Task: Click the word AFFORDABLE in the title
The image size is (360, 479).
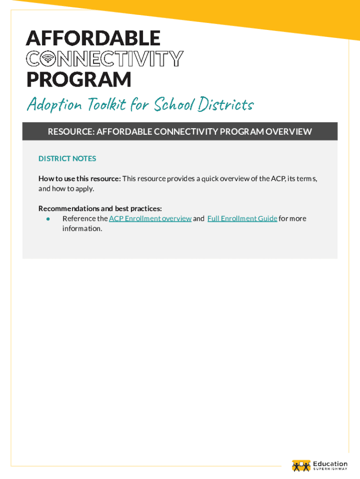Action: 93,38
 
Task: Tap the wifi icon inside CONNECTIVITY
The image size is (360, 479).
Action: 47,59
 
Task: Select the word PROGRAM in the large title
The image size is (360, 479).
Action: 79,80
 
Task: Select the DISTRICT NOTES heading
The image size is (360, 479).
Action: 67,159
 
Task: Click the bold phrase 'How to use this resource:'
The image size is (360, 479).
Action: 79,179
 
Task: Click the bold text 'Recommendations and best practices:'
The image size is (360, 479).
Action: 100,208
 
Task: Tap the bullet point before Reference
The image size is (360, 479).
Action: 48,218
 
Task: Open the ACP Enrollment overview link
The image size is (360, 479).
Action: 150,218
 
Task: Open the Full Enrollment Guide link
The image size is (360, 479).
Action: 242,218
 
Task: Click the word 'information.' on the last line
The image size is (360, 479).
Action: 82,229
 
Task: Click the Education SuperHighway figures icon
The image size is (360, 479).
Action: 301,465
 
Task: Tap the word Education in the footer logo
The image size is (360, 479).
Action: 330,464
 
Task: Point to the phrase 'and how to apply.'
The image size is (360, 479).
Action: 66,189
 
